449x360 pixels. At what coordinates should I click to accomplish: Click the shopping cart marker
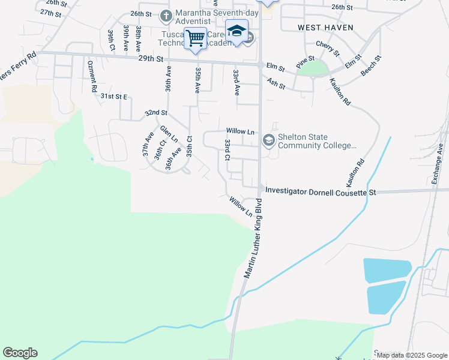[x=195, y=38]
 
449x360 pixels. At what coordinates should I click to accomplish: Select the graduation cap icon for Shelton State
[x=268, y=141]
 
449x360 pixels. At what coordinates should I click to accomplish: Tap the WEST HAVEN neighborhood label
[x=325, y=28]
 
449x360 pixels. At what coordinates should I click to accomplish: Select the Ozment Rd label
[x=92, y=76]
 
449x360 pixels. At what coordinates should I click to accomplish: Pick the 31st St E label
[x=115, y=96]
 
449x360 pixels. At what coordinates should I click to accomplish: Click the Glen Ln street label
[x=169, y=134]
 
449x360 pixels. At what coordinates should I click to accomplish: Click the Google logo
[x=20, y=352]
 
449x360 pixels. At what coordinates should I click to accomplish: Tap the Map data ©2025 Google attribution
[x=412, y=355]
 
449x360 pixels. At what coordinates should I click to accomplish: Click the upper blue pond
[x=387, y=270]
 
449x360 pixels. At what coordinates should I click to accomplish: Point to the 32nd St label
[x=155, y=112]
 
